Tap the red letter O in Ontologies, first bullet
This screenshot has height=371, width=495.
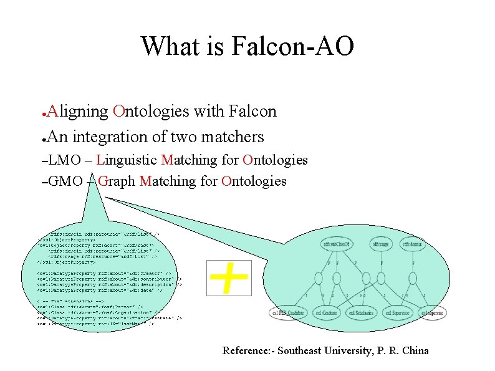pyautogui.click(x=118, y=112)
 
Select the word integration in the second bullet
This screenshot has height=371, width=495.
pyautogui.click(x=114, y=137)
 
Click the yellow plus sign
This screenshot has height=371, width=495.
pyautogui.click(x=228, y=277)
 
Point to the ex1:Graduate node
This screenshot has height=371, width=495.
pyautogui.click(x=327, y=312)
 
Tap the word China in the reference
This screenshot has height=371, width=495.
pyautogui.click(x=415, y=350)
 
